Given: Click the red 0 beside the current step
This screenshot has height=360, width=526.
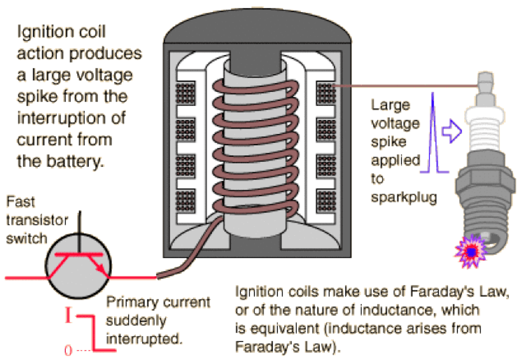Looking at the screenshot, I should click(68, 350).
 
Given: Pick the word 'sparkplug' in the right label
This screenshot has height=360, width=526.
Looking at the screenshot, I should click(404, 198).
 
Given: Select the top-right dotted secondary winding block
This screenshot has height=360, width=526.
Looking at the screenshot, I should click(325, 93).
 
